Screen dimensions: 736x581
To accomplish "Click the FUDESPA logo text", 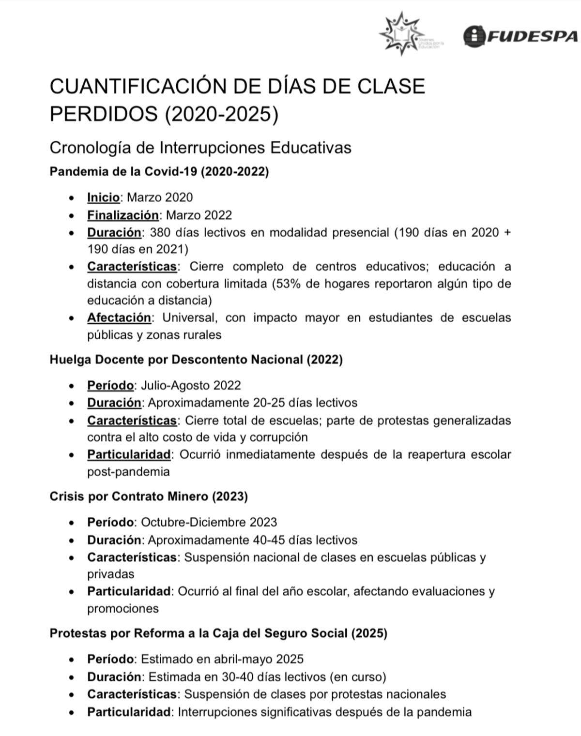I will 531,36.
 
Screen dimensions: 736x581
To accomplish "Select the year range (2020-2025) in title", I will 221,114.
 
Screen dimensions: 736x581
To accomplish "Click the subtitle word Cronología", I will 90,147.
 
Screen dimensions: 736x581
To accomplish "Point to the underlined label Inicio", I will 103,197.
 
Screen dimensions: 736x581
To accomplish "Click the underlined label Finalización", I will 122,215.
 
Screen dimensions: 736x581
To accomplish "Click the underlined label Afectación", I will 119,317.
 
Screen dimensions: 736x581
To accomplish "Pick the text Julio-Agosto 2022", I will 191,385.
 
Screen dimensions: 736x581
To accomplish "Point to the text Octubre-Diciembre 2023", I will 209,522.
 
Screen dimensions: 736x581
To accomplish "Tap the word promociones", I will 122,608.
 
